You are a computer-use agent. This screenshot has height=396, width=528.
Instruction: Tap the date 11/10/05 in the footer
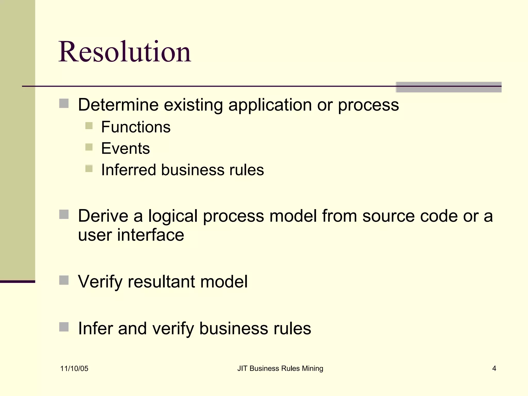[x=74, y=368]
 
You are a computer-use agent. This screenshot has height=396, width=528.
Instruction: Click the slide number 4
[x=494, y=368]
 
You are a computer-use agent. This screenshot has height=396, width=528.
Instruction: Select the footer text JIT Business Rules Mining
[x=280, y=368]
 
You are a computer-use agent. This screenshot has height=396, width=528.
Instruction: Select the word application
[x=270, y=105]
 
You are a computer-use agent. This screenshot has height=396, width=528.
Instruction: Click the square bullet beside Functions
[x=89, y=126]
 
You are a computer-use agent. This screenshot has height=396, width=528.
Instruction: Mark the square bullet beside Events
[x=89, y=147]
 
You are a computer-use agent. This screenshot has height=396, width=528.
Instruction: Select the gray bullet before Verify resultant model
[x=64, y=280]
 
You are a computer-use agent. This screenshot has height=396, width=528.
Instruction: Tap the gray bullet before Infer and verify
[x=64, y=327]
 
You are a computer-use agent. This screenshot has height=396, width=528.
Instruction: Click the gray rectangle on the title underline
[x=449, y=87]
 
